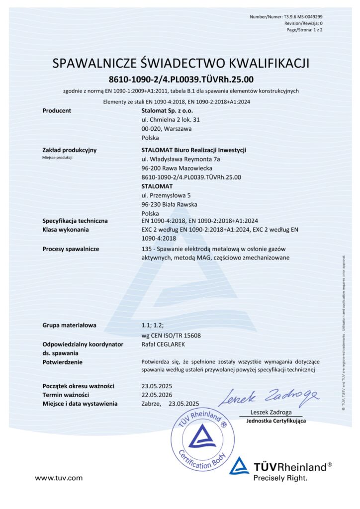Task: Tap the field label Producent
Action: [57, 110]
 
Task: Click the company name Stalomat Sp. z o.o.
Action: [167, 110]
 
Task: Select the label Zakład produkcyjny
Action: [70, 150]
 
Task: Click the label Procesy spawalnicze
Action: [71, 249]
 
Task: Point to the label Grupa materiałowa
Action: [70, 326]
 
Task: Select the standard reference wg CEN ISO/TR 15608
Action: [172, 335]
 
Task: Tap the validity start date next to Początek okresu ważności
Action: [156, 386]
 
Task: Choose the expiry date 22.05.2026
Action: [156, 395]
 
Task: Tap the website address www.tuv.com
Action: [59, 478]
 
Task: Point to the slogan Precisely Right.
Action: [280, 478]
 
